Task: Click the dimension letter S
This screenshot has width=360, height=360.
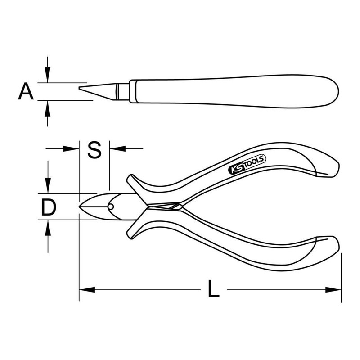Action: pyautogui.click(x=94, y=150)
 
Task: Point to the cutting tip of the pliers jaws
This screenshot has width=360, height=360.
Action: pyautogui.click(x=81, y=207)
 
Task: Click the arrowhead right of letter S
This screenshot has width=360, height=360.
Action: pyautogui.click(x=116, y=148)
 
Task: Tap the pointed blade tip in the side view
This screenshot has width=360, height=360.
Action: pyautogui.click(x=80, y=88)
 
